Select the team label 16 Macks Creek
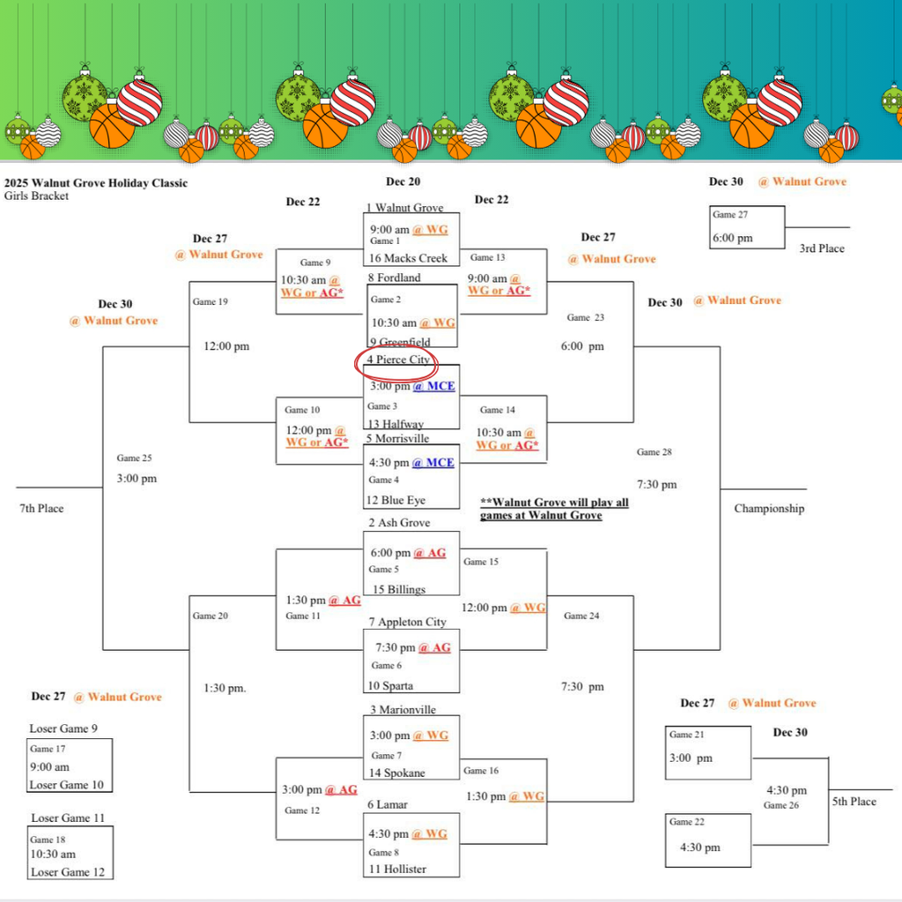coord(408,258)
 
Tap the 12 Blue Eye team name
coord(396,500)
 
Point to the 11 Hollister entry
coord(396,869)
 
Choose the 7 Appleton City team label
coord(407,622)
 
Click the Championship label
coord(769,508)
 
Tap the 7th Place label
coord(41,508)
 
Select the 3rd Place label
coord(821,248)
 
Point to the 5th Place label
coord(854,802)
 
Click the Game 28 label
coord(654,453)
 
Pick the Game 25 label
coord(134,458)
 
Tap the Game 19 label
coord(210,302)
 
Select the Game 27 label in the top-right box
coord(730,215)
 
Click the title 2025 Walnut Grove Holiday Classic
coord(95,183)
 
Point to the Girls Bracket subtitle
coord(36,196)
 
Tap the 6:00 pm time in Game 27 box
coord(733,238)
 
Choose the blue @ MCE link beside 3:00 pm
coord(433,386)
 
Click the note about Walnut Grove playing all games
coord(554,508)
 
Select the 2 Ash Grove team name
coord(399,523)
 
